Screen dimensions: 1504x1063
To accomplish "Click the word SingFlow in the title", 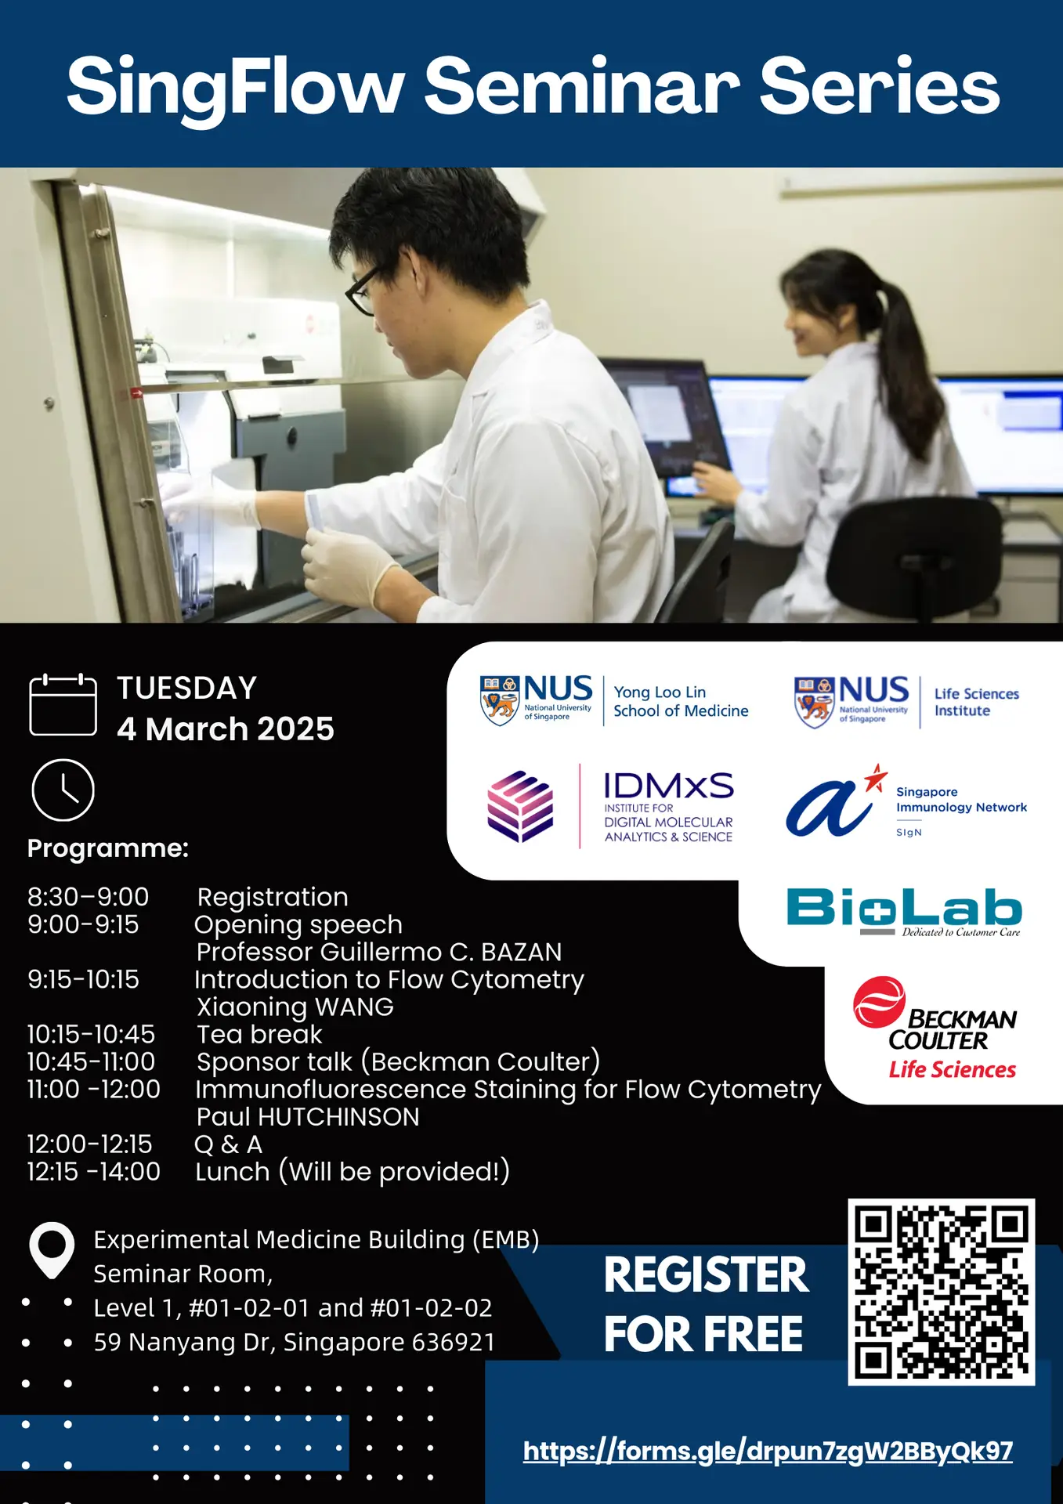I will [235, 86].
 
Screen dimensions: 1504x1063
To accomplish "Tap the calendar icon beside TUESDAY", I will [63, 704].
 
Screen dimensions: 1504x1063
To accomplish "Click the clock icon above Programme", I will [63, 790].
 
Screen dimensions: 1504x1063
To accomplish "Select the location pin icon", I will [52, 1249].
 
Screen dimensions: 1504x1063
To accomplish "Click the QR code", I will [941, 1291].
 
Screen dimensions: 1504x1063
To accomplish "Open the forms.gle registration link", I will [768, 1452].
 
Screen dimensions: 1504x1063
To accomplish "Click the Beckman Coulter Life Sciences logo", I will [937, 1028].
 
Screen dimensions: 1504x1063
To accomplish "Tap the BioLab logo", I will [904, 910].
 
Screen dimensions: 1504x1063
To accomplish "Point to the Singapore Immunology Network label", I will [960, 800].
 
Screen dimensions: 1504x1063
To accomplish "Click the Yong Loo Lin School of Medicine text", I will [680, 701].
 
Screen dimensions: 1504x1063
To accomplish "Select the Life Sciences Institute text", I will [976, 702].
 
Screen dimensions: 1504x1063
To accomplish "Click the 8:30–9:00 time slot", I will [88, 897].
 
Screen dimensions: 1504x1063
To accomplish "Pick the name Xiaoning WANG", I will [295, 1007].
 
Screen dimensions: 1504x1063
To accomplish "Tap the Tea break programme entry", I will [259, 1034].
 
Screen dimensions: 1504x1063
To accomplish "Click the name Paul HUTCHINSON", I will [308, 1116].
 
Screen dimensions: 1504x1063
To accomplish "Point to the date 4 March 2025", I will [226, 729].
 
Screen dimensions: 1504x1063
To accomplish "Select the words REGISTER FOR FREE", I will [704, 1304].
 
